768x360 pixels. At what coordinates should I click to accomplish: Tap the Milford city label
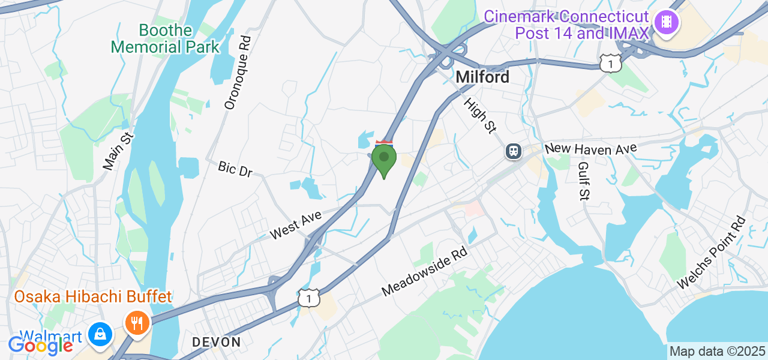pyautogui.click(x=482, y=77)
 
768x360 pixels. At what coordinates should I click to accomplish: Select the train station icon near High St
pyautogui.click(x=514, y=151)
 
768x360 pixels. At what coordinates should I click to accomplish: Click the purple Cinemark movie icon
pyautogui.click(x=666, y=23)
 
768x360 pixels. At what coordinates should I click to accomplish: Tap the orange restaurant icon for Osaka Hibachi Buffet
pyautogui.click(x=137, y=323)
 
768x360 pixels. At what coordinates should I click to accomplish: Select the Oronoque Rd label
pyautogui.click(x=238, y=73)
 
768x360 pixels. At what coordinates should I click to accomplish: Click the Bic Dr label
pyautogui.click(x=235, y=169)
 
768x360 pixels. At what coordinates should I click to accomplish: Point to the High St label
pyautogui.click(x=481, y=115)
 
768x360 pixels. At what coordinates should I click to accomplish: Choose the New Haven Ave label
pyautogui.click(x=590, y=148)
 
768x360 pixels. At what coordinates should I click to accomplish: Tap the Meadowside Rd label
pyautogui.click(x=425, y=272)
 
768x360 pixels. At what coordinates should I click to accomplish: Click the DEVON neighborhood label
pyautogui.click(x=216, y=342)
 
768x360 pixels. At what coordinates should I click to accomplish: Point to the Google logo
pyautogui.click(x=40, y=345)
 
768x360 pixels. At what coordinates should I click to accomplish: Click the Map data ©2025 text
pyautogui.click(x=717, y=352)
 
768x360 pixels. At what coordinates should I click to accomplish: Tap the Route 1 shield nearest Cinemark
pyautogui.click(x=611, y=62)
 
